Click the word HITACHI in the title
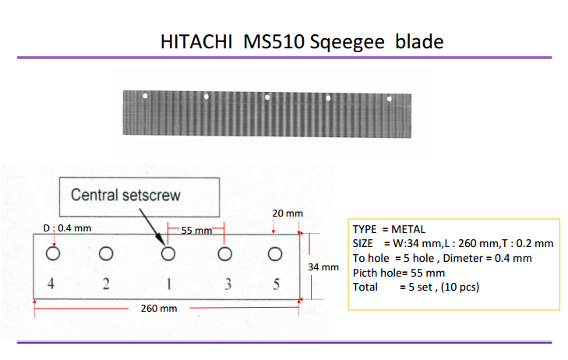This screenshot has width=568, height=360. click(x=196, y=41)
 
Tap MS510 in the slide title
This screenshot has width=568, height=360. click(x=273, y=41)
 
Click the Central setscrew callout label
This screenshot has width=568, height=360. click(x=125, y=195)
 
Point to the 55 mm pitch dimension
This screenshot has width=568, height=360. click(x=196, y=231)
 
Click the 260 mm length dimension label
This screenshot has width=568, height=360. click(x=159, y=309)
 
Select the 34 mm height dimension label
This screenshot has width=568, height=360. click(x=323, y=267)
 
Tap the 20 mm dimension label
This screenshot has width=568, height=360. click(x=288, y=214)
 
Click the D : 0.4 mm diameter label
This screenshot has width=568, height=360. click(x=67, y=228)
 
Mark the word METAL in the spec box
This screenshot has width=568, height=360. click(x=408, y=229)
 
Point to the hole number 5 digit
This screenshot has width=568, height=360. click(x=277, y=284)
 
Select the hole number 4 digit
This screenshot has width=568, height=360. click(x=51, y=283)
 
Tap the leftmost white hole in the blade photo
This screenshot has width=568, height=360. click(x=145, y=96)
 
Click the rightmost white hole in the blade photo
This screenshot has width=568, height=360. click(x=390, y=99)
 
